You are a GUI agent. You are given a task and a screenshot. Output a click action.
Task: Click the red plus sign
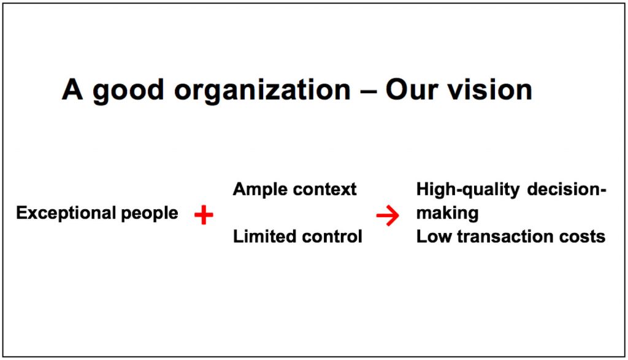[x=203, y=215]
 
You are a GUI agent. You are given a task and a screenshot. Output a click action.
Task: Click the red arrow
[x=388, y=215]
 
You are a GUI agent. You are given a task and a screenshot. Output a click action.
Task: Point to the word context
[x=325, y=190]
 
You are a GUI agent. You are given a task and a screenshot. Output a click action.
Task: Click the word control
[x=334, y=236]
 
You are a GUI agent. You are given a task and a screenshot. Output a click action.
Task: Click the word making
[x=447, y=213]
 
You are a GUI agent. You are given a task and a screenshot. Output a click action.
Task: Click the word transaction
[x=505, y=236]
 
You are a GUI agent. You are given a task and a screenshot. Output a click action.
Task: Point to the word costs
[x=583, y=236]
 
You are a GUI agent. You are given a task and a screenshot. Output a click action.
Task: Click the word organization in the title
[x=262, y=91]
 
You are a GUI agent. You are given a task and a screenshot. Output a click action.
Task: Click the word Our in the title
[x=410, y=90]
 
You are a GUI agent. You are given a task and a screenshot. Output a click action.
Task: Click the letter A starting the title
[x=72, y=90]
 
